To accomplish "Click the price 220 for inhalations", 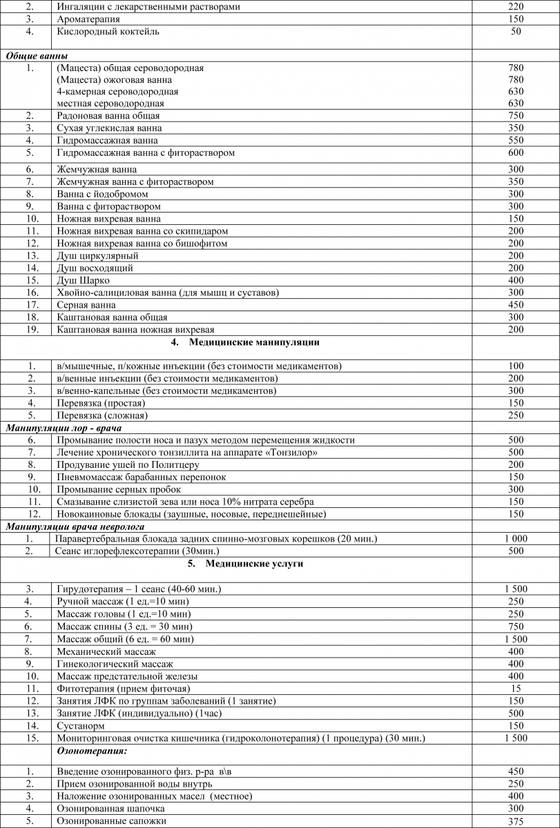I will point(516,7).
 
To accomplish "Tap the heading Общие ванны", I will point(37,55).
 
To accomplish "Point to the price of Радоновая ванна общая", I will point(516,116).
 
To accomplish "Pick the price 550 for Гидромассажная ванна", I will point(516,140).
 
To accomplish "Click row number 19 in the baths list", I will point(30,330).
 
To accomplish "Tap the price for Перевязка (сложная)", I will point(516,415).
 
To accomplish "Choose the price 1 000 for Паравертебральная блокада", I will point(516,539).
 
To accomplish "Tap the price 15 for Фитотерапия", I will point(516,688).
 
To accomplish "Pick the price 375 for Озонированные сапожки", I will point(516,820).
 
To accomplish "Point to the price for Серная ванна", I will point(516,305).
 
